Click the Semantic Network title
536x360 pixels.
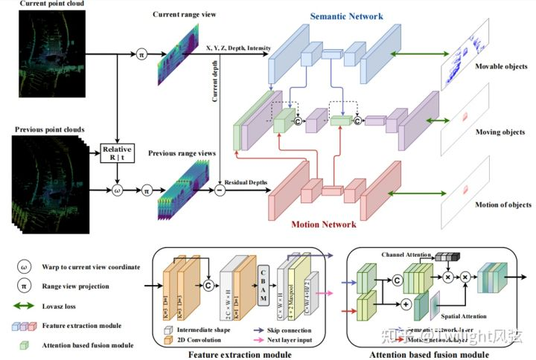336,16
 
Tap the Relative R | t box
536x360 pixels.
118,155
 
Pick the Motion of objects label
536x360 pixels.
502,204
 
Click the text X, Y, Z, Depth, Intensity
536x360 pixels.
239,47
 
